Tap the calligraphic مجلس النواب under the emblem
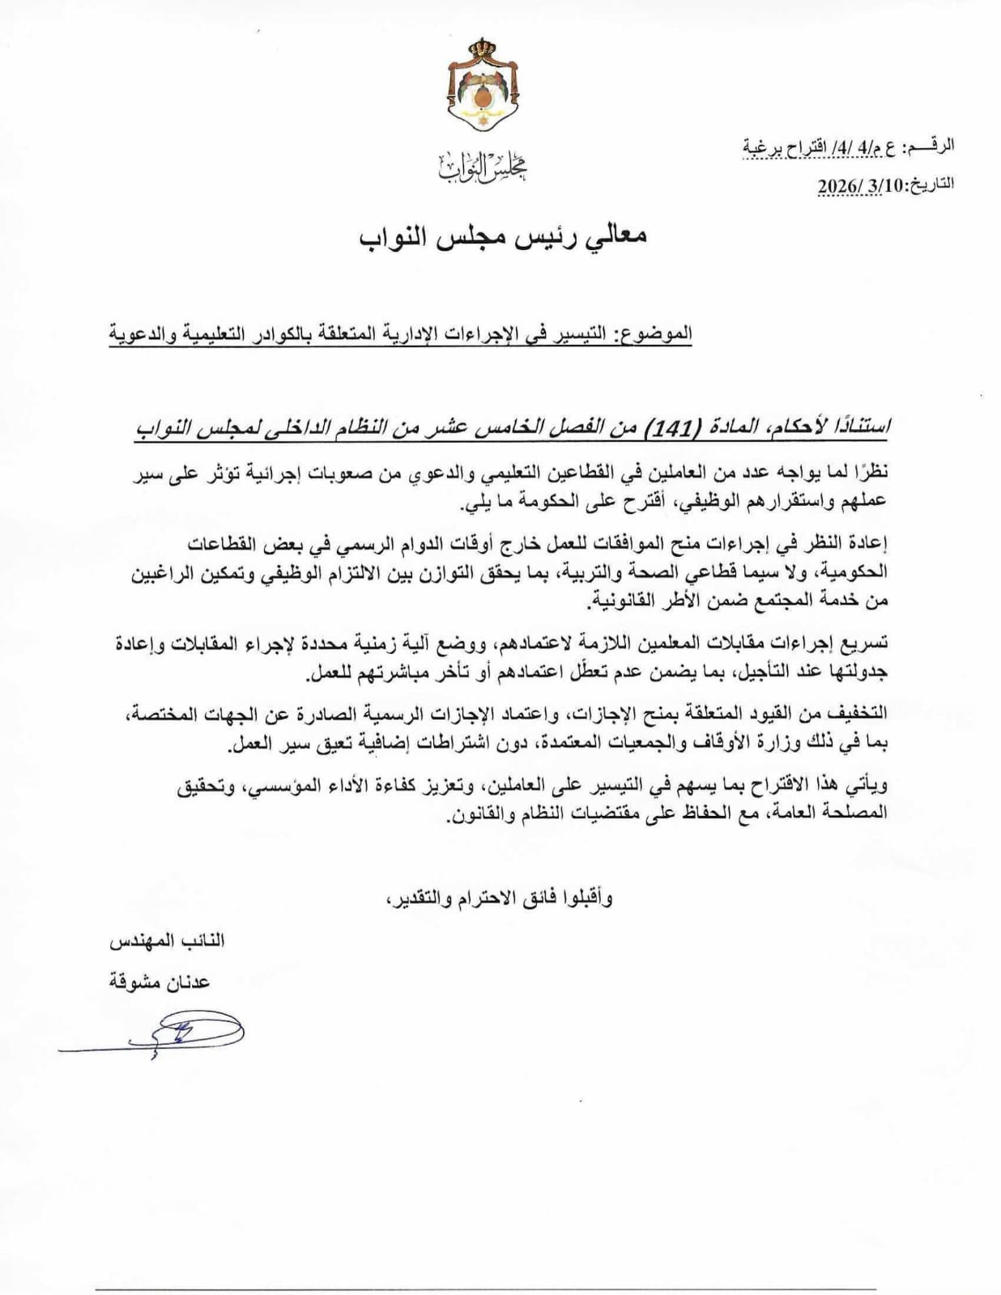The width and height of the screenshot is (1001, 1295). tap(483, 167)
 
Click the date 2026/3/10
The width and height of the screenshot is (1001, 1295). tap(858, 185)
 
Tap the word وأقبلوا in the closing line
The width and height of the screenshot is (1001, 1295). tap(586, 898)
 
